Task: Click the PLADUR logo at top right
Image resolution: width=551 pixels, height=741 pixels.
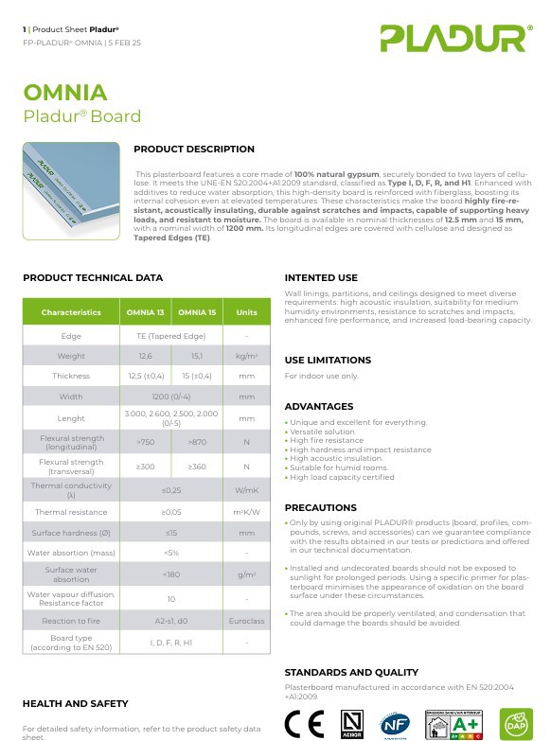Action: coord(453,38)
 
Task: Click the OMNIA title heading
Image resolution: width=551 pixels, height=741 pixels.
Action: coord(65,93)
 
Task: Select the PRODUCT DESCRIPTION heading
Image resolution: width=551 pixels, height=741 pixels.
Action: coord(194,149)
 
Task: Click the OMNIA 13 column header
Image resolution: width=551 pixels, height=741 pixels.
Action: coord(146,312)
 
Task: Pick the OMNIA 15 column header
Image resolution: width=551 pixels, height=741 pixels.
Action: coord(197,312)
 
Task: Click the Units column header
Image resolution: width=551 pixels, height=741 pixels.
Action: coord(246,312)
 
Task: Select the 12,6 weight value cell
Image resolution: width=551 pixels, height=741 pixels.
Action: coord(146,356)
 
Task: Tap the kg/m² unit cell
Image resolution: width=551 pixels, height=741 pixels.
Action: coord(246,356)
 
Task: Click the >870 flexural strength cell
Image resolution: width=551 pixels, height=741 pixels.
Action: coord(197,442)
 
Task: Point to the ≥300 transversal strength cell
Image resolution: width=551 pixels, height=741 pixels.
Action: coord(146,467)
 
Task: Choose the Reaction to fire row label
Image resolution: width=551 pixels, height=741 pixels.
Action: coord(71,621)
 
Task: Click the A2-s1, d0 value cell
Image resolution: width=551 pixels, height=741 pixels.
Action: coord(171,621)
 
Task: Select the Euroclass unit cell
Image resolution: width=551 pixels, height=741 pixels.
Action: coord(246,621)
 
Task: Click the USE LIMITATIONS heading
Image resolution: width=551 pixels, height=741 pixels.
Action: coord(328,360)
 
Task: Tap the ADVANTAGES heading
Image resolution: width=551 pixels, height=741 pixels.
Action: coord(319,406)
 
